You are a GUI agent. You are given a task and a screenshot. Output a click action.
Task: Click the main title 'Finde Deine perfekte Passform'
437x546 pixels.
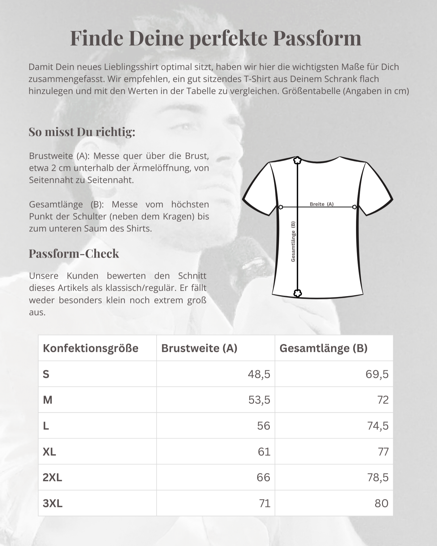(215, 38)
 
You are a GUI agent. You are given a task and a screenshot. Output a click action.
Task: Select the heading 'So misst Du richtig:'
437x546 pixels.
(82, 132)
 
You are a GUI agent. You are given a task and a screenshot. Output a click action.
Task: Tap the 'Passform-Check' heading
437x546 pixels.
(74, 254)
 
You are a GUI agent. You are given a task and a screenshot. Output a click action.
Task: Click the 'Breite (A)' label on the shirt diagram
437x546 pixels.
(321, 204)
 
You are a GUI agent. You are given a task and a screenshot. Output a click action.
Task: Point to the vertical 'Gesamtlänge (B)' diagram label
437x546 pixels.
(293, 242)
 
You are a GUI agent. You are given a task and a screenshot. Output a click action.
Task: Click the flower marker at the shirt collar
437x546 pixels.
(297, 160)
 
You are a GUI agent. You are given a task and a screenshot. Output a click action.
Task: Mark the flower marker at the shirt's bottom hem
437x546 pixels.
(297, 293)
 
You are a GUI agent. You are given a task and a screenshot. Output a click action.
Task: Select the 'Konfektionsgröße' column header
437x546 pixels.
(91, 348)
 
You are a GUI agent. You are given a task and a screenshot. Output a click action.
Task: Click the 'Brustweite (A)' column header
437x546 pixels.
(199, 348)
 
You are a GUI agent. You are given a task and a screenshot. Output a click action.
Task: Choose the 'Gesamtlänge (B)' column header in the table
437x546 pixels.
(324, 348)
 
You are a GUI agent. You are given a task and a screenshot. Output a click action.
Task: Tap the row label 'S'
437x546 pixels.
(46, 374)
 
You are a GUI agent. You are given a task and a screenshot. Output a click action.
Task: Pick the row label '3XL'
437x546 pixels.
(53, 503)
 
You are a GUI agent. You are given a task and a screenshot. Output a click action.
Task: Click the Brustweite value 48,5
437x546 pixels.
(259, 374)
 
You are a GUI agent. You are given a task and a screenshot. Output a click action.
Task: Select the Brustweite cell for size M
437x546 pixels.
(259, 400)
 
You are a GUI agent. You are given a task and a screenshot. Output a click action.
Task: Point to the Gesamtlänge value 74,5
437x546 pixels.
(378, 426)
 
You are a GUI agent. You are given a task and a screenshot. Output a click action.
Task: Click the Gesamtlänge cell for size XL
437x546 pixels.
(383, 452)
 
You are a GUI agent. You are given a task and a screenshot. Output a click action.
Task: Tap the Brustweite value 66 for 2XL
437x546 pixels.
(263, 477)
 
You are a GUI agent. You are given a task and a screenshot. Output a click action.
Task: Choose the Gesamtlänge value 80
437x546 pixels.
(381, 503)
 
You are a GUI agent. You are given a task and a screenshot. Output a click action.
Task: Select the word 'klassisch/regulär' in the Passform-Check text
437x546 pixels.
(141, 288)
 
